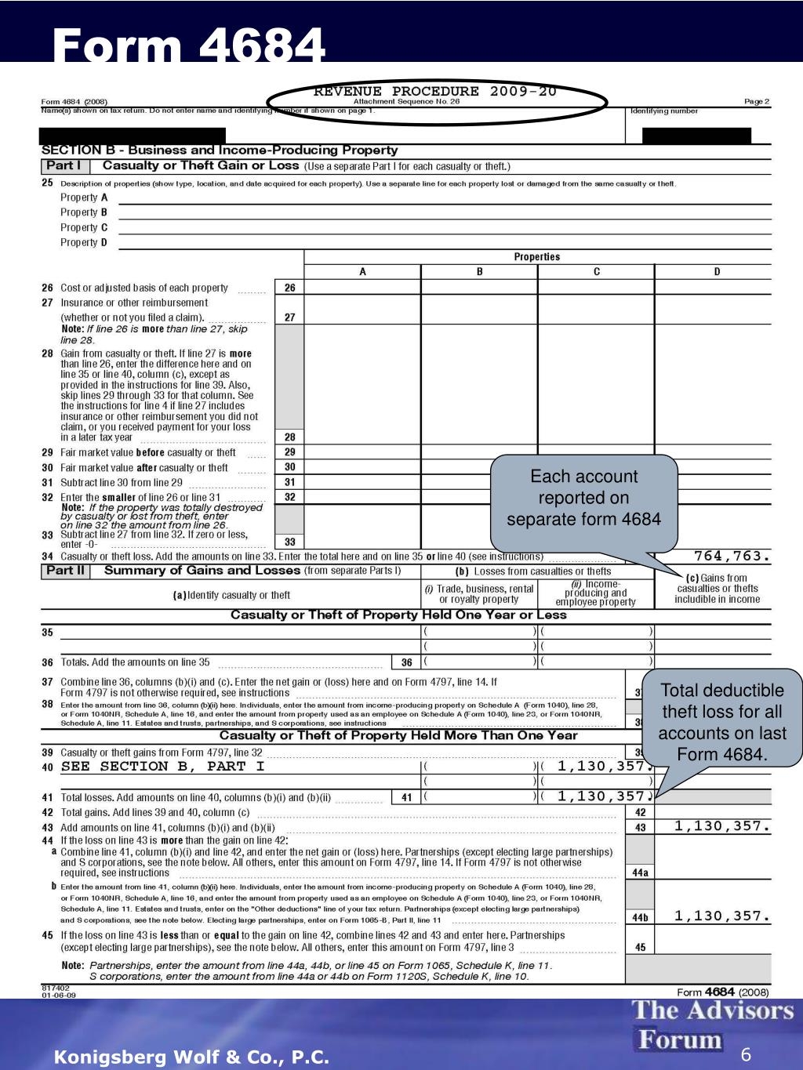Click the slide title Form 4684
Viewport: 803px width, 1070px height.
click(189, 45)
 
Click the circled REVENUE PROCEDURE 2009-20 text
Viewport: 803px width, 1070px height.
click(436, 92)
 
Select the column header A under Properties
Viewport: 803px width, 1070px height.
click(362, 272)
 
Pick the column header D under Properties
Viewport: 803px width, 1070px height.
click(716, 272)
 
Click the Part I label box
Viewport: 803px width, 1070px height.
click(64, 166)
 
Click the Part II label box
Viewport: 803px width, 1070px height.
click(64, 571)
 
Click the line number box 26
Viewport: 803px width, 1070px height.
click(289, 288)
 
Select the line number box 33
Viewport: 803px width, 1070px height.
click(289, 542)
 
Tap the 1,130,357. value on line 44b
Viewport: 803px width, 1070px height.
click(722, 916)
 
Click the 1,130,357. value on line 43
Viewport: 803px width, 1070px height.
click(722, 826)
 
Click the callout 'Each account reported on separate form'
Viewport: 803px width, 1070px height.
click(583, 499)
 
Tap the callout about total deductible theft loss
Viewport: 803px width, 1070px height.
click(721, 722)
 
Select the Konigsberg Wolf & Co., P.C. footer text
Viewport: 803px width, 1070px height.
click(191, 1057)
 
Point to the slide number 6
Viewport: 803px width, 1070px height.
click(746, 1055)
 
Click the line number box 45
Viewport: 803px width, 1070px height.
click(640, 947)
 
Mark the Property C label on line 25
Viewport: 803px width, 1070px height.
click(84, 227)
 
